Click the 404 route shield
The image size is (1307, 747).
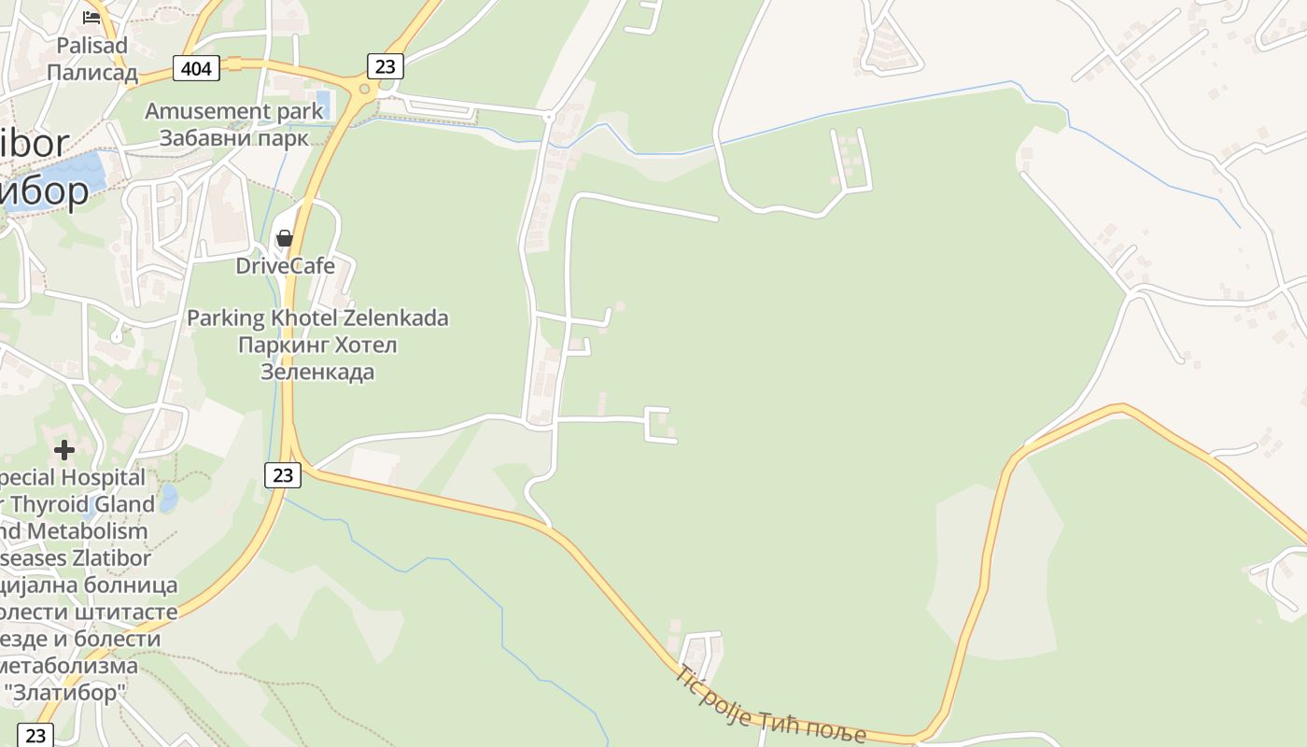(x=196, y=68)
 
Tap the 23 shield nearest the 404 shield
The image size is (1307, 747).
(x=385, y=65)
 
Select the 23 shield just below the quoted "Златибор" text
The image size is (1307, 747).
(x=35, y=735)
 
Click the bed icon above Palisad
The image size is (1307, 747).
(x=91, y=17)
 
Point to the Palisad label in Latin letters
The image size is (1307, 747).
(x=91, y=45)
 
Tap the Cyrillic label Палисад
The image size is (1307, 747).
(x=91, y=73)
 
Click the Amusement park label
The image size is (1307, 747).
(x=233, y=111)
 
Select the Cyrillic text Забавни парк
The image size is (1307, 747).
(x=233, y=138)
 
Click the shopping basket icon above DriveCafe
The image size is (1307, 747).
(x=285, y=238)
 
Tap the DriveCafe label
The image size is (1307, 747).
(x=285, y=266)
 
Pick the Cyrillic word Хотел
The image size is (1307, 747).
(x=359, y=345)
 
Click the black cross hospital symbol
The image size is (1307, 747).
(x=63, y=451)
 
